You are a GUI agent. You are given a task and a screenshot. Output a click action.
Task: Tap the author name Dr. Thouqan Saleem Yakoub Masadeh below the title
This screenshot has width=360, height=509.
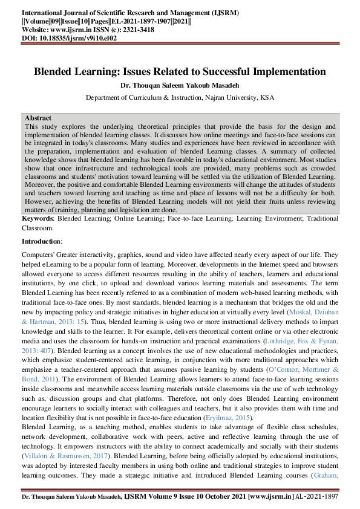click(180, 85)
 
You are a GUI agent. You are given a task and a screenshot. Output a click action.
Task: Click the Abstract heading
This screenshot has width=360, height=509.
click(38, 118)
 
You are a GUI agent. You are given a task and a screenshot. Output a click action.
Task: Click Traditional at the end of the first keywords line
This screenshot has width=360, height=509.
click(319, 217)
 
